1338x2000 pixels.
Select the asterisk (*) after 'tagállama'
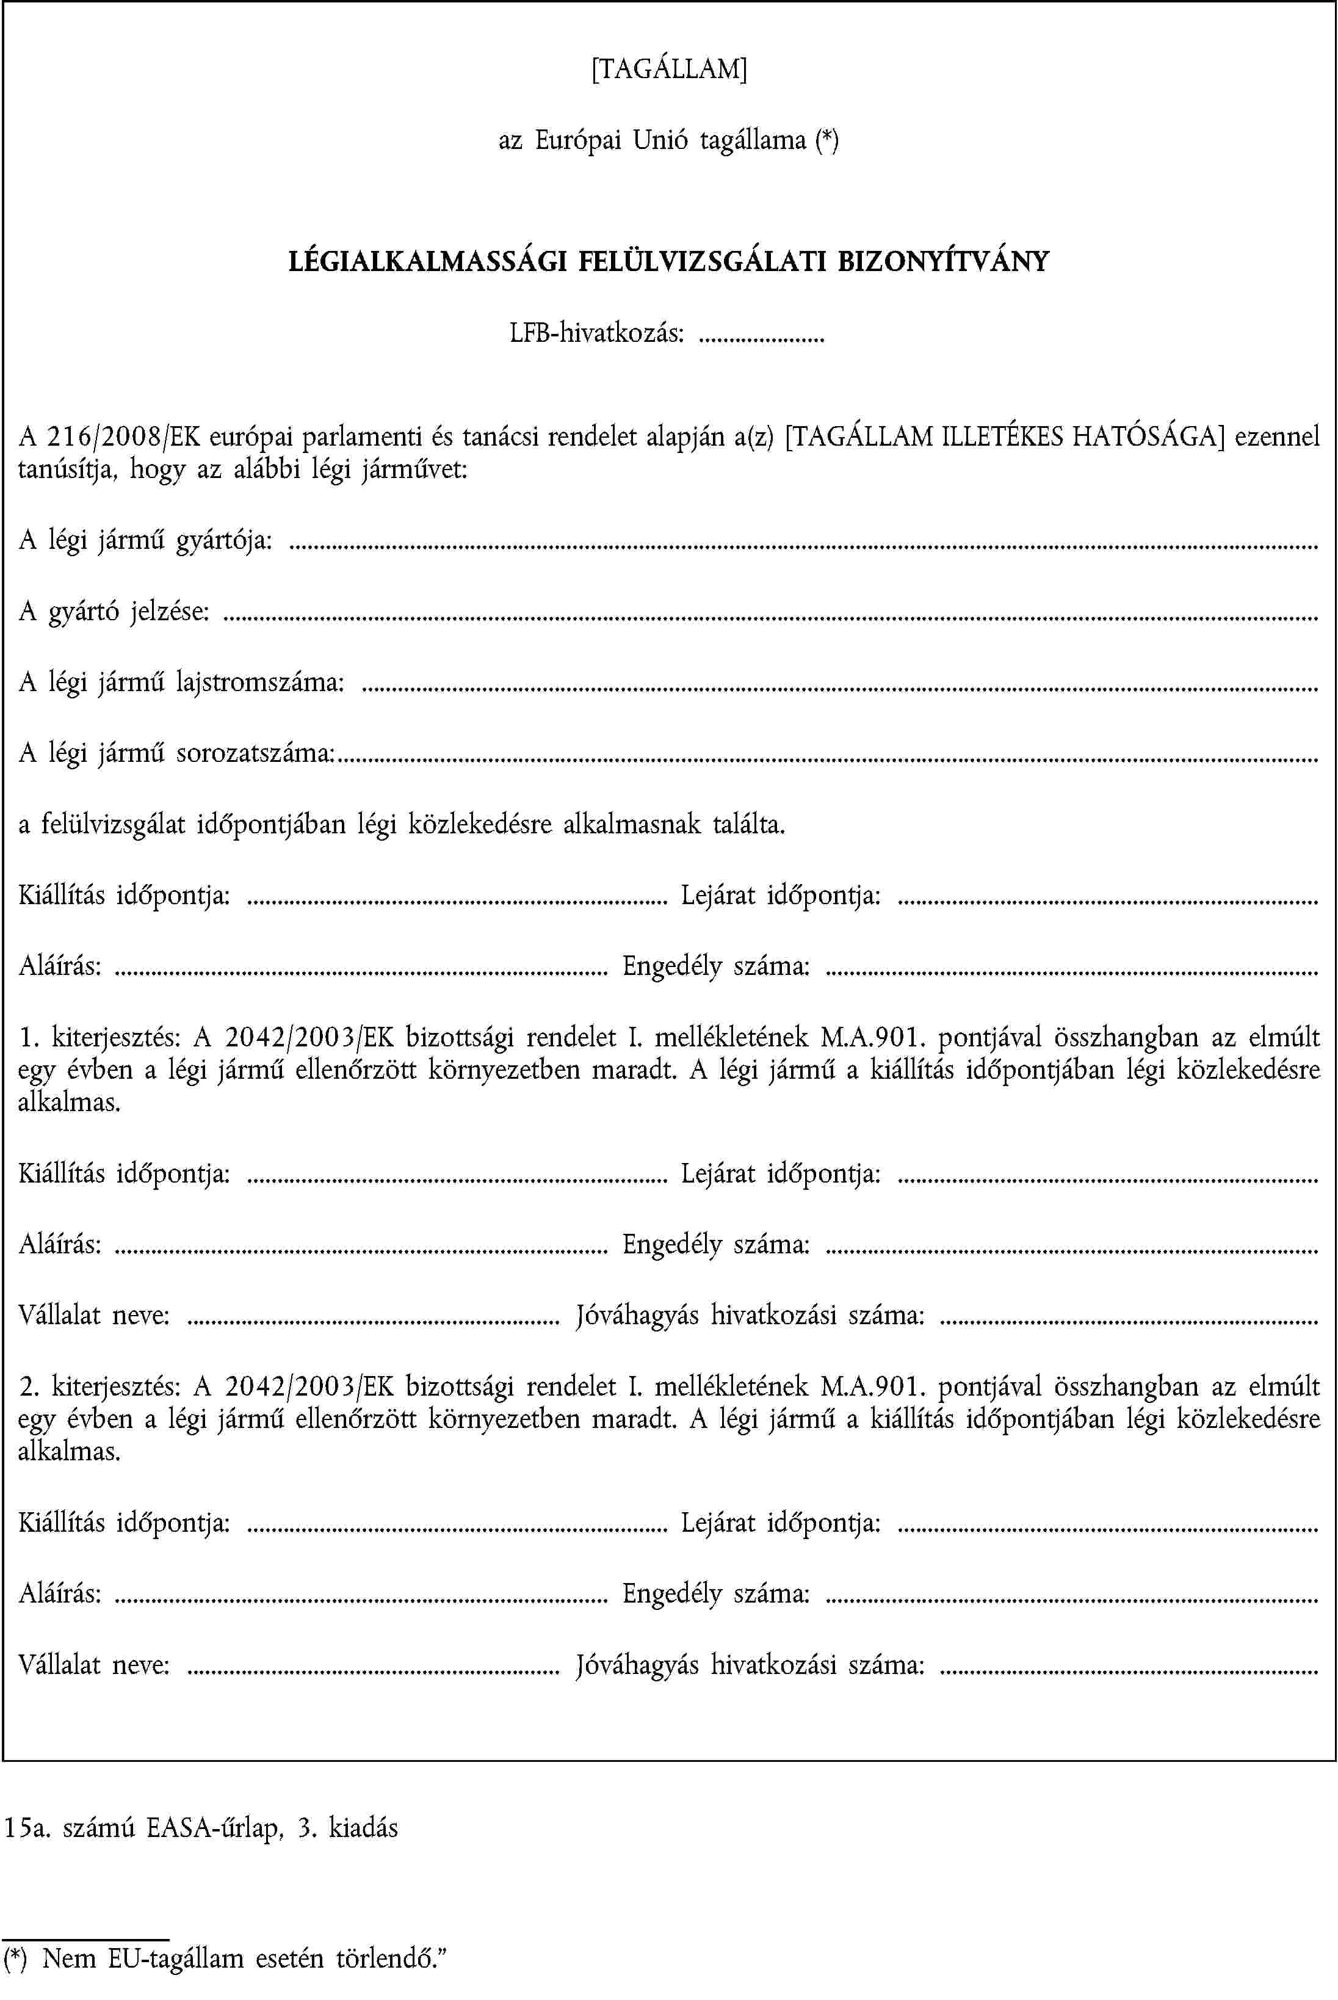click(x=826, y=140)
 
